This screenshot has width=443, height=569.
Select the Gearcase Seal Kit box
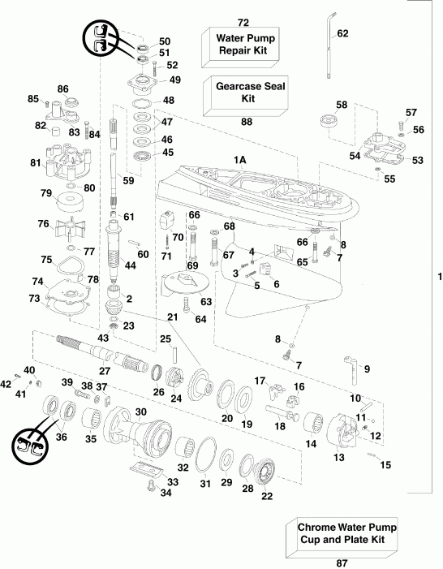[x=247, y=91]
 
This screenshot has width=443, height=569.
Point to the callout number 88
[x=247, y=123]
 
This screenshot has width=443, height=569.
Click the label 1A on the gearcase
[x=239, y=161]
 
